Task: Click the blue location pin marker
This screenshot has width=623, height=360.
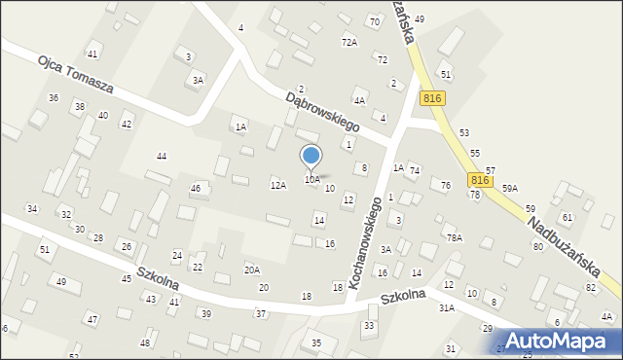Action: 311,157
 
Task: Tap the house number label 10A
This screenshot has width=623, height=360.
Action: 311,180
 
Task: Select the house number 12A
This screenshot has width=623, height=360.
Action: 278,185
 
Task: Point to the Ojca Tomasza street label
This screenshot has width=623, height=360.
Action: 76,74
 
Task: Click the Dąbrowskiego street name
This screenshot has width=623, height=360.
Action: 323,112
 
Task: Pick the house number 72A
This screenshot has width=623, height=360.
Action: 348,43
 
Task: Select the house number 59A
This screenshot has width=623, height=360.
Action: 510,189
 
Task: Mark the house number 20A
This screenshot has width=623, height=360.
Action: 252,270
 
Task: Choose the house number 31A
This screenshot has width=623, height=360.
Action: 446,307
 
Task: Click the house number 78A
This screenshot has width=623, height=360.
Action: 453,237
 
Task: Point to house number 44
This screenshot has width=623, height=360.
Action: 162,157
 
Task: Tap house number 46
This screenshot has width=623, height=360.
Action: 195,188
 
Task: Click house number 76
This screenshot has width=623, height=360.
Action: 445,185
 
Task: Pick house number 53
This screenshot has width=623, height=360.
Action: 464,132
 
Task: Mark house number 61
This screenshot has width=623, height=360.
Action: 567,217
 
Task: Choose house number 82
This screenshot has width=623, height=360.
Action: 590,288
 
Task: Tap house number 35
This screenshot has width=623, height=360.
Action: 315,343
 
